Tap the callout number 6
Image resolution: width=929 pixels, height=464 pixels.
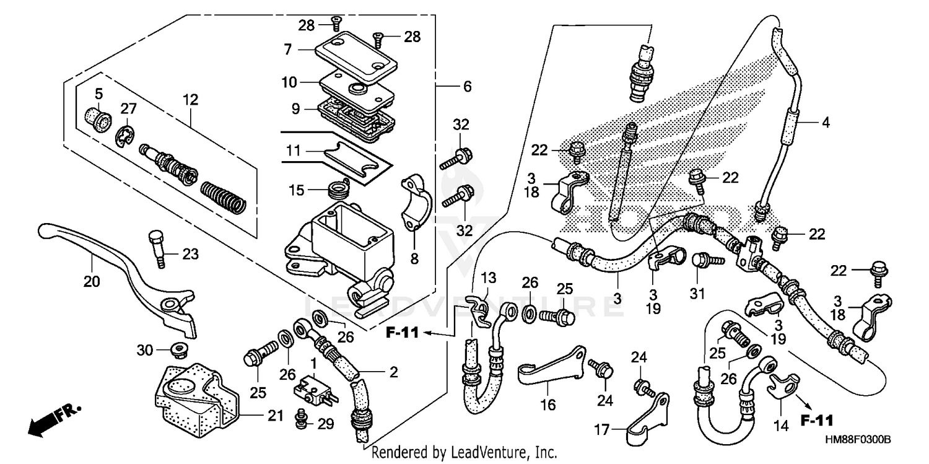click(x=467, y=87)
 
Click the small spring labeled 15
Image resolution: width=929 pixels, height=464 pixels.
click(x=338, y=186)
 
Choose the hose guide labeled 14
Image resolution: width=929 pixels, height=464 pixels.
click(x=783, y=384)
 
